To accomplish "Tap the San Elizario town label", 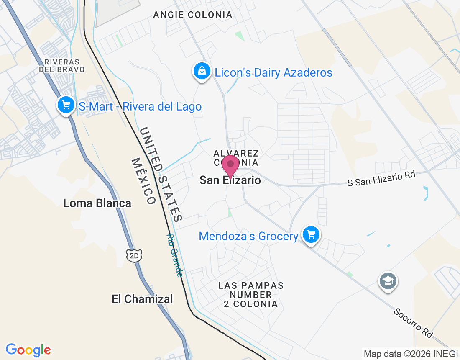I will (230, 180).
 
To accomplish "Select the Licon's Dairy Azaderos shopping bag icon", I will (202, 71).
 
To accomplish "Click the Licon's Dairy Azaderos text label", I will (273, 73).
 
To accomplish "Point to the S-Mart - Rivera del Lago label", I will (140, 107).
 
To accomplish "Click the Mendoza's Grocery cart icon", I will (311, 234).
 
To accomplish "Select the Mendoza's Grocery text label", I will (248, 237).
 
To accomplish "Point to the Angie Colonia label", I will (192, 15).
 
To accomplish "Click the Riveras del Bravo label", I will (62, 65).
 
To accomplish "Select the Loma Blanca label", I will (97, 203).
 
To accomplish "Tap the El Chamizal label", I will (142, 299).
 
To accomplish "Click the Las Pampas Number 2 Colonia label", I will (251, 295).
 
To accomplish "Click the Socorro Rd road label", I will (413, 323).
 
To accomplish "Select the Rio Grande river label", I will (175, 255).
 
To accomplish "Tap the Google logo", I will (28, 350).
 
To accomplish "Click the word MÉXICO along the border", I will (143, 181).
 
